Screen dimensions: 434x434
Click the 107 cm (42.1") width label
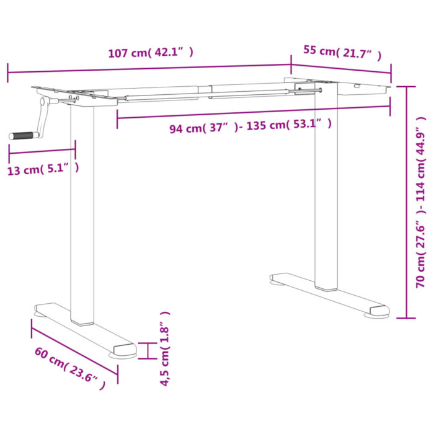(x=151, y=53)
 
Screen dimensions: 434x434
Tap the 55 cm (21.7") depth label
(x=342, y=52)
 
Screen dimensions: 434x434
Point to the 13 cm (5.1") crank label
(x=43, y=169)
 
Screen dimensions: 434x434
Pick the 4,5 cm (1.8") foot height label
(x=165, y=349)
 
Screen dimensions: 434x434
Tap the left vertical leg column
(x=82, y=211)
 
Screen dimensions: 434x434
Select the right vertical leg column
(x=326, y=186)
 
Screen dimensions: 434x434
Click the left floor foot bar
(x=87, y=329)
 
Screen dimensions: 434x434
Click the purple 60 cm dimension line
(x=74, y=347)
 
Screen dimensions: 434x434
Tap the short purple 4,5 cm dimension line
(x=148, y=350)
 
